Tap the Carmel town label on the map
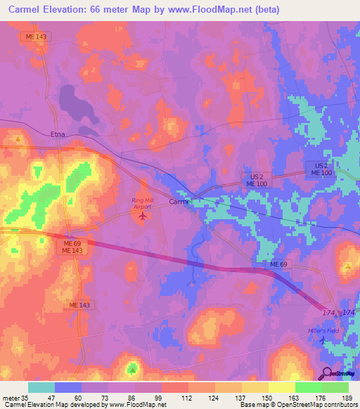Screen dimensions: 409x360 [x=181, y=202]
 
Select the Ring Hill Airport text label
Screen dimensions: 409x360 [x=143, y=203]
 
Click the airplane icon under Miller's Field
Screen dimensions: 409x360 [x=323, y=340]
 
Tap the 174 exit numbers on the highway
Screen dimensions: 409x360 [x=338, y=311]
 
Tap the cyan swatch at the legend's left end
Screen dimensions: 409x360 [x=41, y=387]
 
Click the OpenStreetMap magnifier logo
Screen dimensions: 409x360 [x=327, y=374]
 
